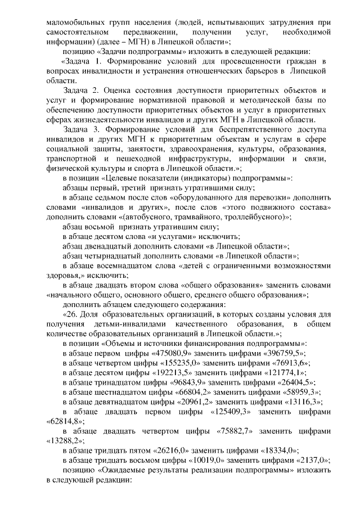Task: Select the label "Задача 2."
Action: point(82,91)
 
